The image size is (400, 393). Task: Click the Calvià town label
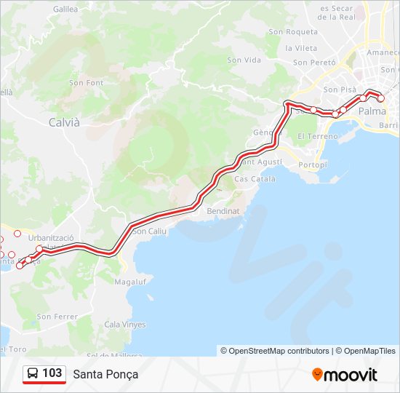point(64,122)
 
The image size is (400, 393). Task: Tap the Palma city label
point(372,111)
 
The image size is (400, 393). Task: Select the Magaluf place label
point(131,281)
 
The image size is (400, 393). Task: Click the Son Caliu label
point(151,231)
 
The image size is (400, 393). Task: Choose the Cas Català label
point(255,179)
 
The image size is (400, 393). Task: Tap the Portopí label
point(313,165)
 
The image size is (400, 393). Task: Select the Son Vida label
point(244,60)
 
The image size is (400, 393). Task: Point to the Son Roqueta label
point(293,32)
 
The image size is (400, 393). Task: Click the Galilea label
point(65,9)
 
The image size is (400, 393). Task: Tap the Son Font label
point(87,83)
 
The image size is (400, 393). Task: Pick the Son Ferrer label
point(57,317)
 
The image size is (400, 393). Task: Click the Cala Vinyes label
point(125,325)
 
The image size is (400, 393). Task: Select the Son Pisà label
point(338,90)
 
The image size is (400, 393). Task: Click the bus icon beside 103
point(33,373)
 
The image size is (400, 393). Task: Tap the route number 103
point(52,373)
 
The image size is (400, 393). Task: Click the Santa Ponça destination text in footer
point(105,374)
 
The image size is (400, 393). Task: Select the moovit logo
point(345,375)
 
